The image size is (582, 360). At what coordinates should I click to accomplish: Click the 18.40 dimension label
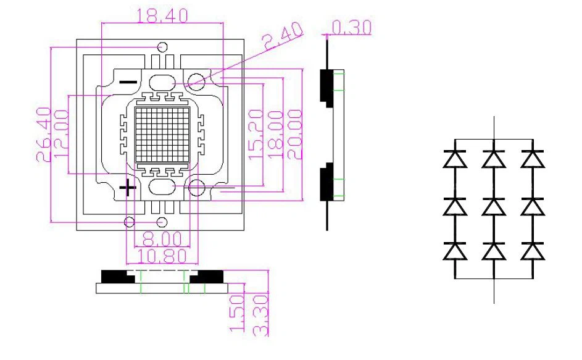pos(162,15)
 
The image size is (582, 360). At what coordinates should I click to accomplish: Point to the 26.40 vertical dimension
pos(43,135)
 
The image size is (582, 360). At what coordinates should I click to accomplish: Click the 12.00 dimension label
pos(61,134)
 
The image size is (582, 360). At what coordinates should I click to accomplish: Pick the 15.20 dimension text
pos(256,135)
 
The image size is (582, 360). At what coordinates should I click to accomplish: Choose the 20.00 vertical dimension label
pos(295,135)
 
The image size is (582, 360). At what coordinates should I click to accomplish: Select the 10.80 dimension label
pos(162,256)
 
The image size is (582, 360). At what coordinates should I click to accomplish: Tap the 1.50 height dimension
pos(236,312)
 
